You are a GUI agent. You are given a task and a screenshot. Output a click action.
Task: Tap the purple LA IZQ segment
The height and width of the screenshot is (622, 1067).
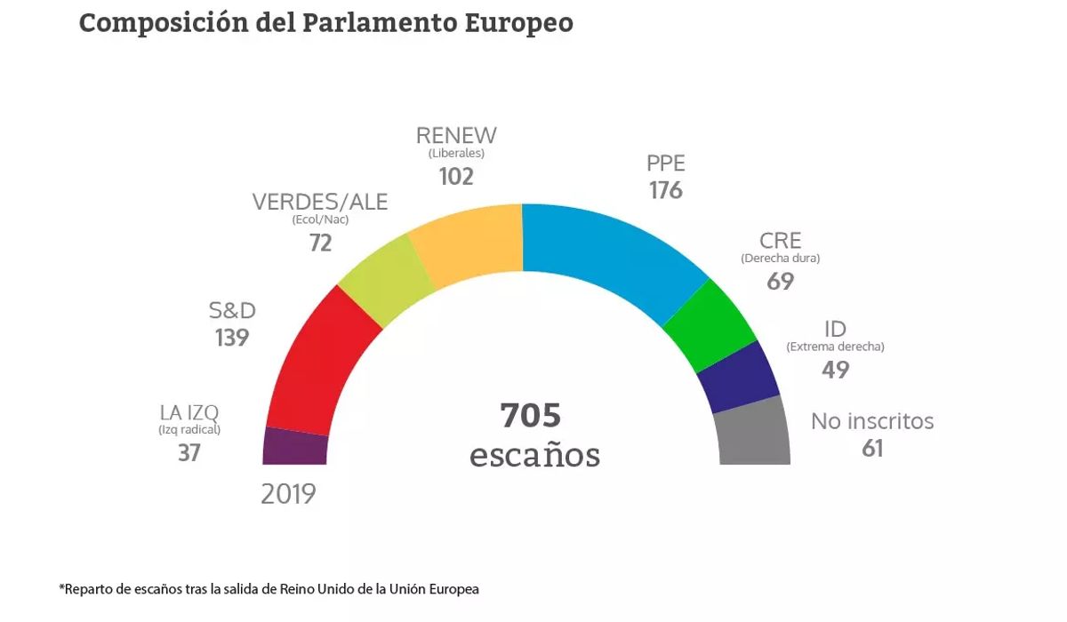pos(296,446)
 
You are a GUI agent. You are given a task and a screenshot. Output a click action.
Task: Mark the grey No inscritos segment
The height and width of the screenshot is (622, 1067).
pos(754,433)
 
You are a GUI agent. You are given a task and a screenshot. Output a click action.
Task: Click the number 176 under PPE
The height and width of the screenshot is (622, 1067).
pos(665,190)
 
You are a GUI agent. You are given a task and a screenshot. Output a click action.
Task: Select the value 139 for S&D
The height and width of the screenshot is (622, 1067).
pos(231,338)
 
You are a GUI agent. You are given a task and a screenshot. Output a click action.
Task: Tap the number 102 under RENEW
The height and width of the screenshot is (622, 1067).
pos(456,176)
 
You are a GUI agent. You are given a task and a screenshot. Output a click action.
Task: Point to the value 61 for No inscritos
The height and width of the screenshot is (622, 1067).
pos(872,449)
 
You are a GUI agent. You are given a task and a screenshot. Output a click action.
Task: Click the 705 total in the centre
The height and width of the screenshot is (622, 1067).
pos(531,416)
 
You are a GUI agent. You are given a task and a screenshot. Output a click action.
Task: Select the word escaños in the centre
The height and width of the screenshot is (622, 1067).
pos(534,455)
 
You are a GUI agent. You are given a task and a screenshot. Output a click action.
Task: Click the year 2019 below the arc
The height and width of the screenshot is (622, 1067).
pos(288,494)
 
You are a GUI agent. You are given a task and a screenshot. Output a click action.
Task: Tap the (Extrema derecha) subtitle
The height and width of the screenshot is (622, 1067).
pos(835,347)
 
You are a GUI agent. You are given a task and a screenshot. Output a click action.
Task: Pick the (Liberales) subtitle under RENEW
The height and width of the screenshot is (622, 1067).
pos(456,153)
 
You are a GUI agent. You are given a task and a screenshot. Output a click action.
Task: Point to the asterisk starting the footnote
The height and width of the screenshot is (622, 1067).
pos(61,588)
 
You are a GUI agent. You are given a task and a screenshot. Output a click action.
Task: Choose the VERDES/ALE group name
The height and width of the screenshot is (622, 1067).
pos(320,203)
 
